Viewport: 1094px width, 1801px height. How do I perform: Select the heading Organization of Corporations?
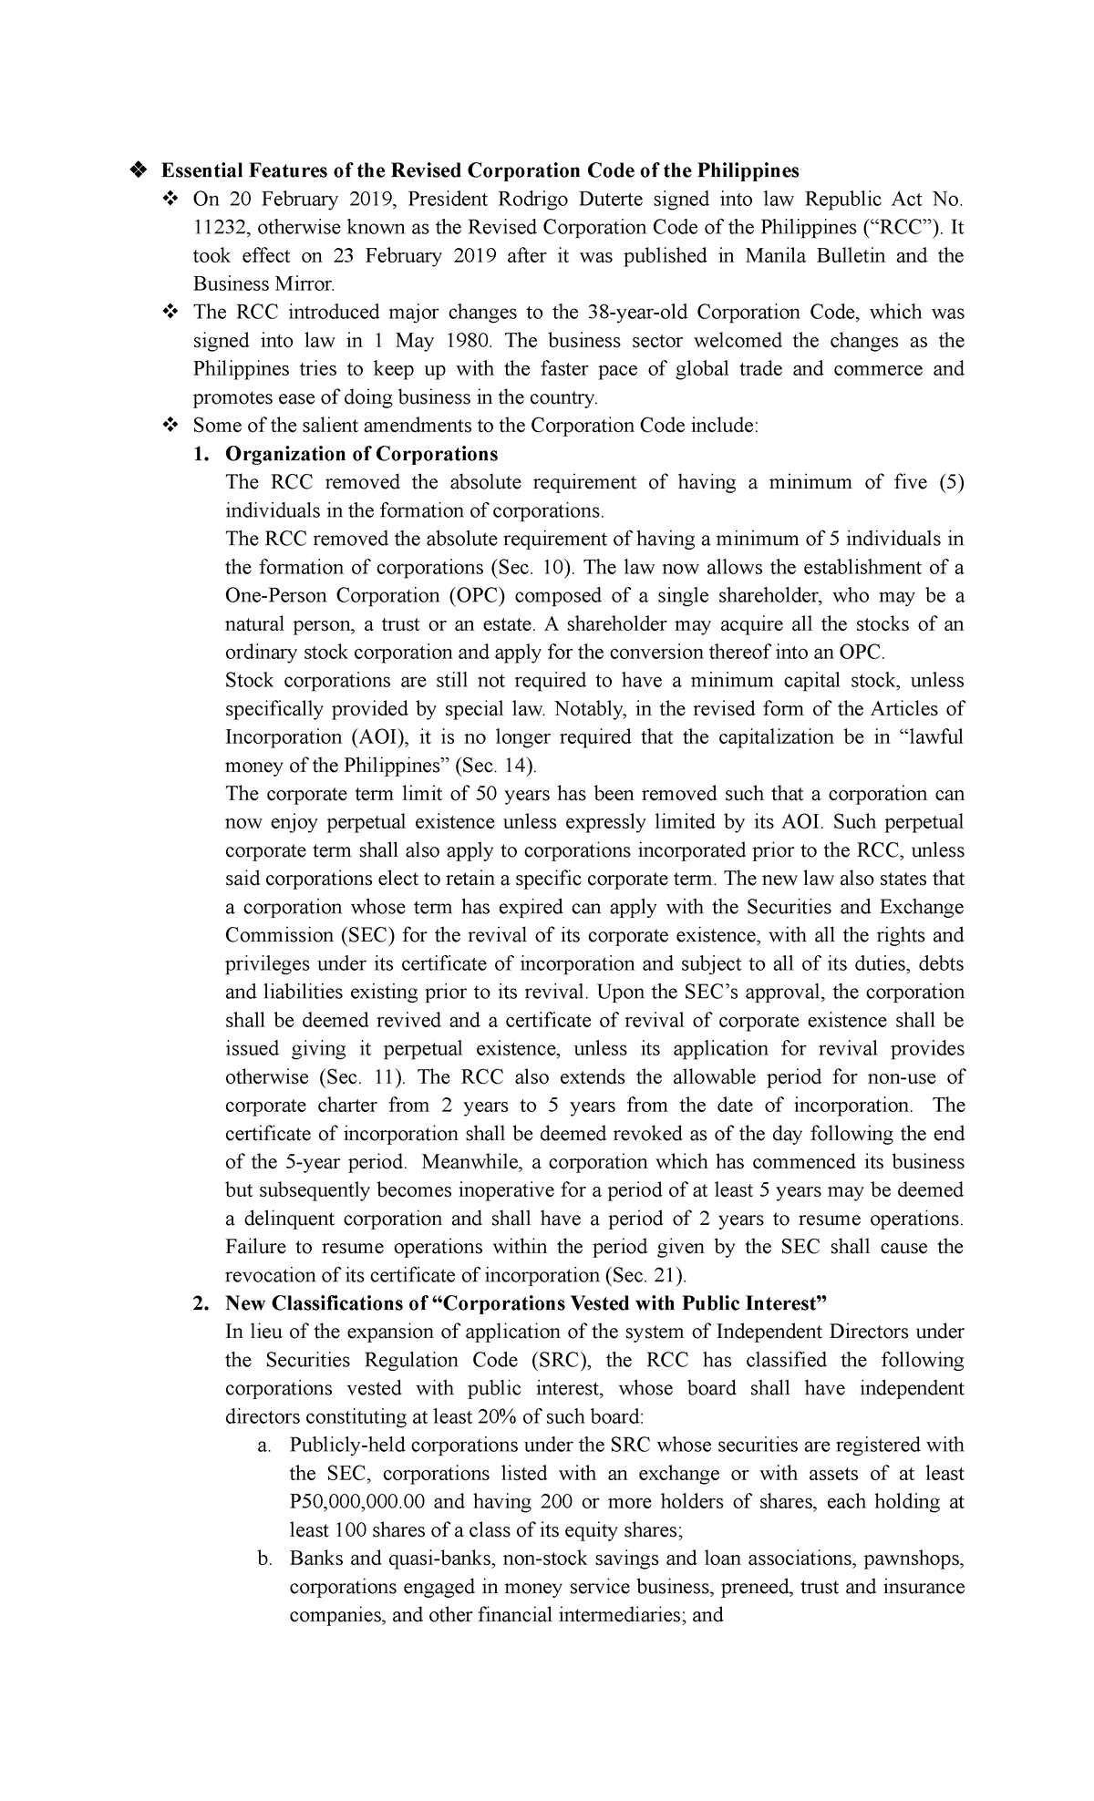(x=361, y=454)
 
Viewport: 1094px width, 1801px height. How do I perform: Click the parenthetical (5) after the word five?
(x=949, y=482)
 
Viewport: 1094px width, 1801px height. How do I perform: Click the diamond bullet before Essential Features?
(x=139, y=170)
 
